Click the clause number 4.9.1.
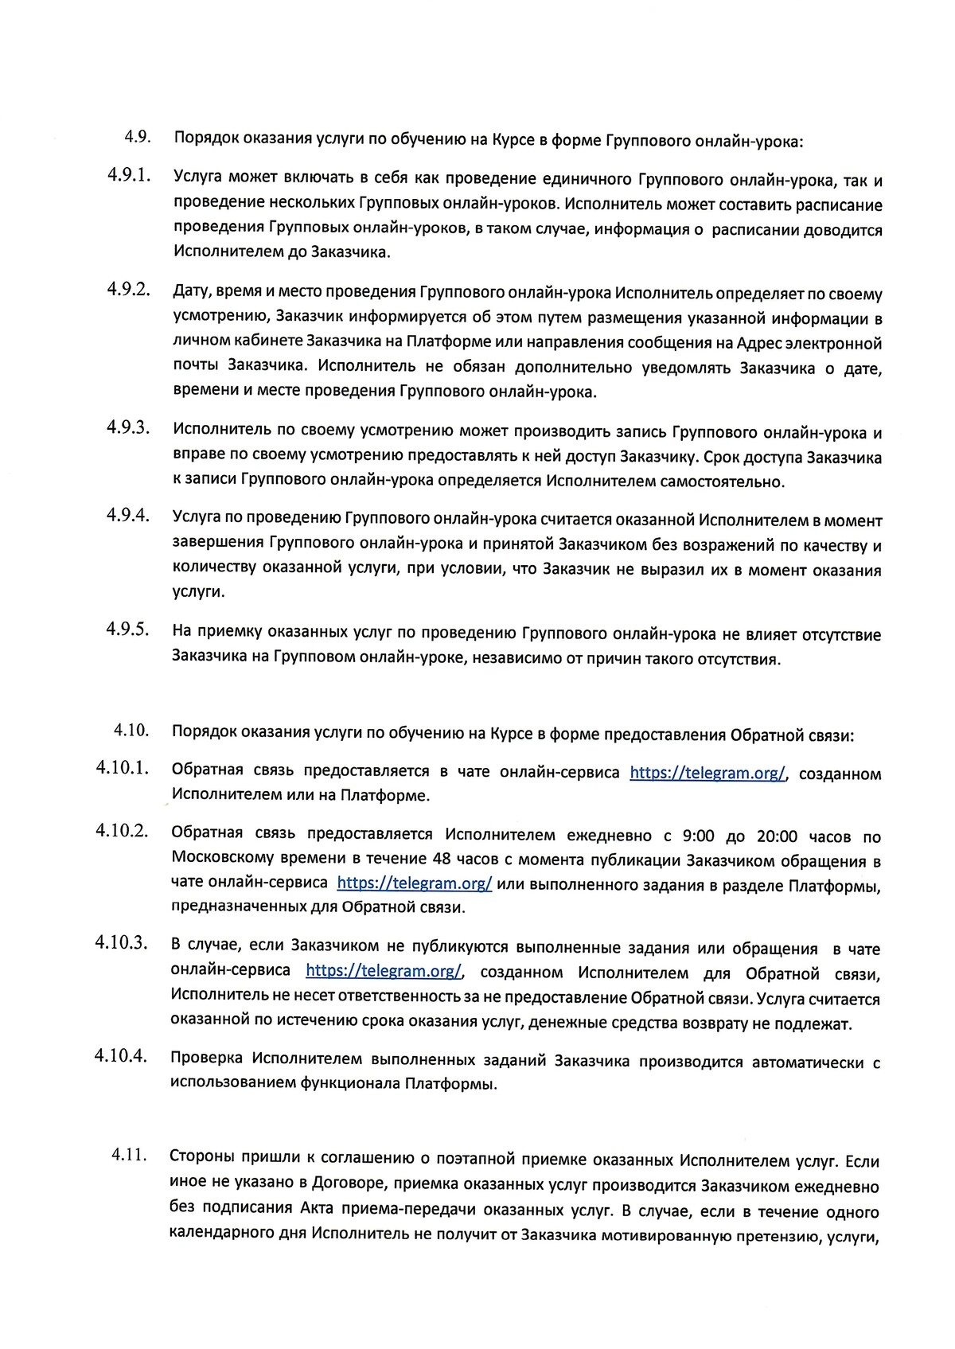click(129, 176)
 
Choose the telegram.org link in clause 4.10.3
click(384, 972)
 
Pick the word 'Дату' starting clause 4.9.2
click(191, 294)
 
